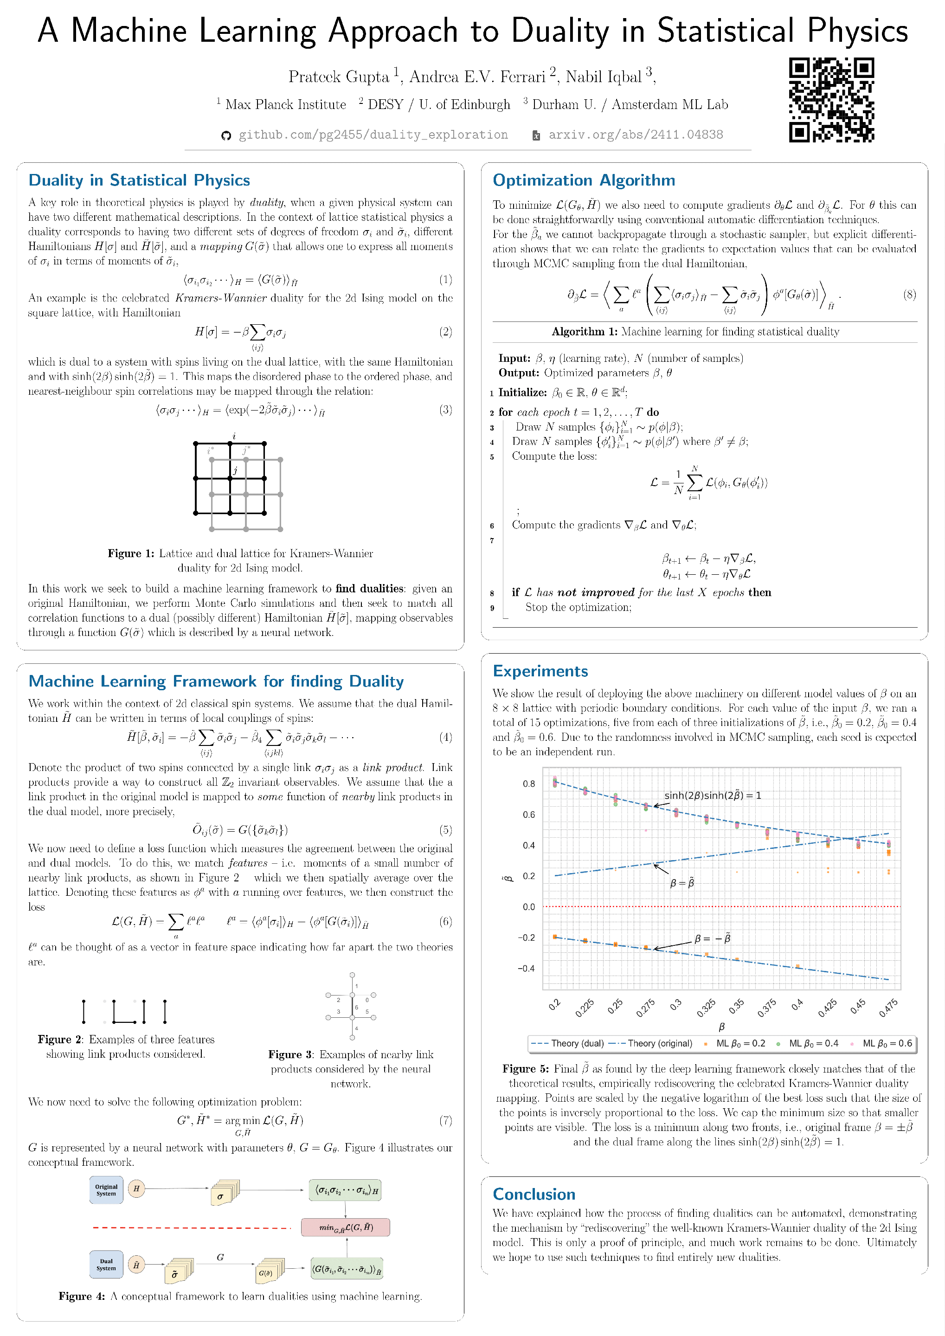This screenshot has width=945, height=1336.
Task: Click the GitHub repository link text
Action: [x=373, y=135]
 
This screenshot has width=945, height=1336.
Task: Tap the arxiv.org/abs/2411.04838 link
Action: [x=636, y=135]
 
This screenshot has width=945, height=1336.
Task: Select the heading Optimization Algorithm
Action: [x=584, y=180]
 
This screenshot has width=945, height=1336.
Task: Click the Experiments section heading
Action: [x=540, y=671]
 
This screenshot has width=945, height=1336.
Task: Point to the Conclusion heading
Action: [x=534, y=1194]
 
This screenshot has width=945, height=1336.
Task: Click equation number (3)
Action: [x=445, y=410]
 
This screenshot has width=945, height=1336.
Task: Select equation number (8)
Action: [x=909, y=295]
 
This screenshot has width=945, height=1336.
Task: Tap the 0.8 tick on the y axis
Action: [x=528, y=784]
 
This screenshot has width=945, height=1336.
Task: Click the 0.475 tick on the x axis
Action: [x=888, y=1007]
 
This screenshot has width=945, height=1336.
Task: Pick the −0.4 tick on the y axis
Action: [x=526, y=968]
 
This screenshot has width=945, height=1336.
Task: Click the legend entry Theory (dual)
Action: [x=567, y=1043]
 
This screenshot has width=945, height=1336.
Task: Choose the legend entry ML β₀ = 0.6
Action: [x=887, y=1043]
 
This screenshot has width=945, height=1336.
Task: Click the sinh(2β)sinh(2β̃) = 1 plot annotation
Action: [x=712, y=796]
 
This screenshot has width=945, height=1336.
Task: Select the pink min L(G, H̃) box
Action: [x=345, y=1227]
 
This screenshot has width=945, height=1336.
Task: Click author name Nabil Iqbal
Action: [x=604, y=77]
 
